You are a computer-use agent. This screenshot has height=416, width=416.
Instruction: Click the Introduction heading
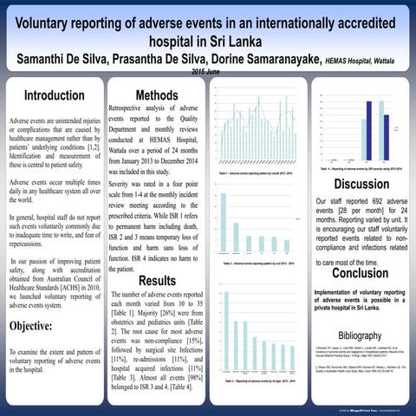(x=54, y=95)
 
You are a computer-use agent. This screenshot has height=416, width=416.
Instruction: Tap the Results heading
(x=157, y=280)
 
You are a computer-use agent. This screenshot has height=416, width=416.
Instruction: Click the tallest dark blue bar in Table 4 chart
(x=361, y=131)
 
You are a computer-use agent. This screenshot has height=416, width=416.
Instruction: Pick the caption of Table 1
(x=257, y=175)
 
